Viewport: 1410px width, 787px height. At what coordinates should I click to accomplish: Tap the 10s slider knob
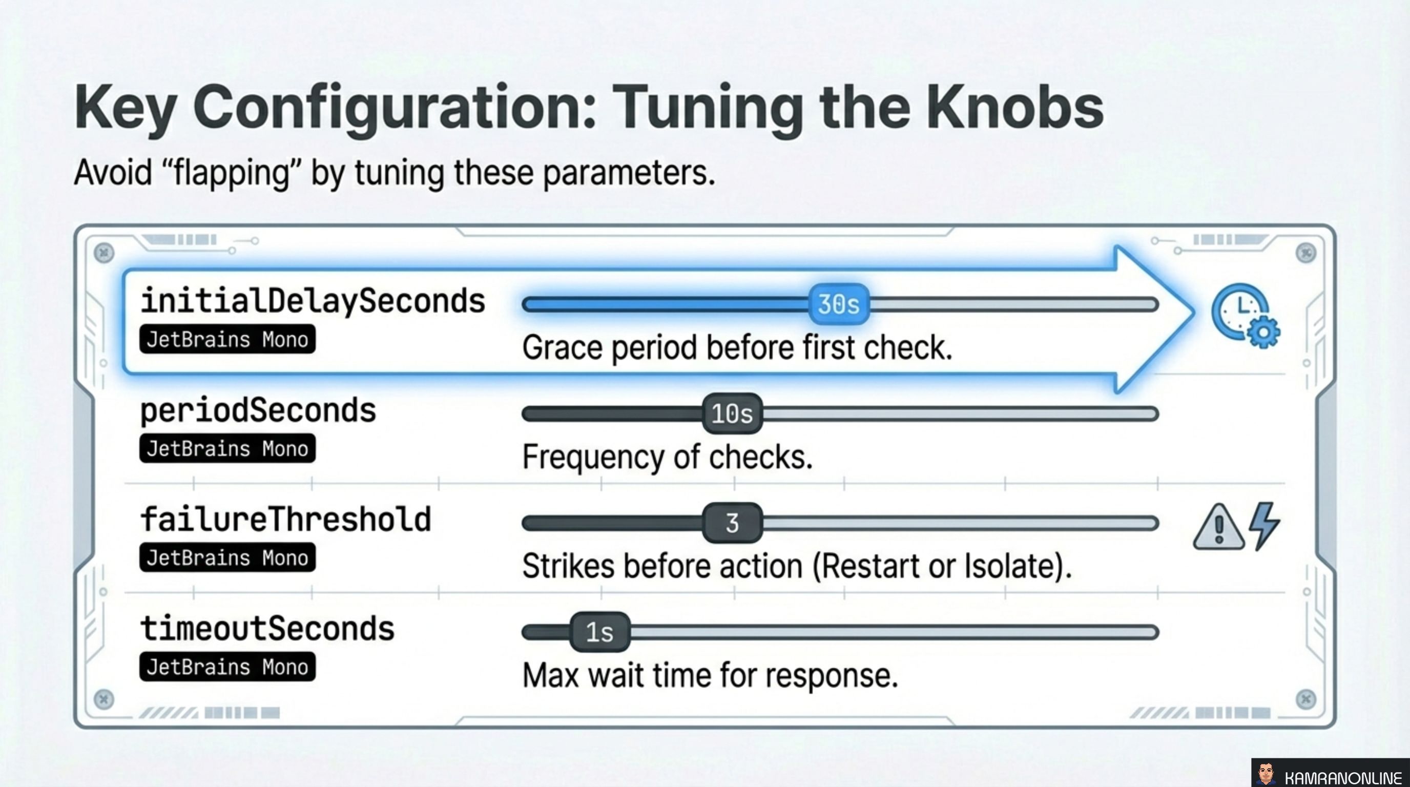tap(732, 414)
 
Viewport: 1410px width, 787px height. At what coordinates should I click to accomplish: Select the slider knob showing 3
tap(732, 523)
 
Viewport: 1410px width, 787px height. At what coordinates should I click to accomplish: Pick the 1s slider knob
tap(600, 632)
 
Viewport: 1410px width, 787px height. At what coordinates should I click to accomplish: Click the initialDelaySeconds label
tap(313, 301)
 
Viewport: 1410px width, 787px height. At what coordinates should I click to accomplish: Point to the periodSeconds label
tap(258, 410)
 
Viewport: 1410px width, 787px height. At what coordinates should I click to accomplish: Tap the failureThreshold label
tap(286, 520)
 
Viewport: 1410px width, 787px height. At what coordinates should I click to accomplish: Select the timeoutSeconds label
tap(267, 628)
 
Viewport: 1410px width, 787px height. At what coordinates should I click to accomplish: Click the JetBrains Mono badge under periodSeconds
tap(227, 449)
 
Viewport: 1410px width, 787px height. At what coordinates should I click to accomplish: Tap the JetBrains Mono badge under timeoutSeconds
tap(227, 667)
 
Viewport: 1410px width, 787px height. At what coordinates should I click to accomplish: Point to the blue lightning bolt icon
tap(1264, 525)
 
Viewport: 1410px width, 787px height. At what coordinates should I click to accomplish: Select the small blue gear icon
tap(1263, 332)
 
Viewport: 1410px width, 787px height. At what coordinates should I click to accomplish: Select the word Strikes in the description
tap(568, 566)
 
